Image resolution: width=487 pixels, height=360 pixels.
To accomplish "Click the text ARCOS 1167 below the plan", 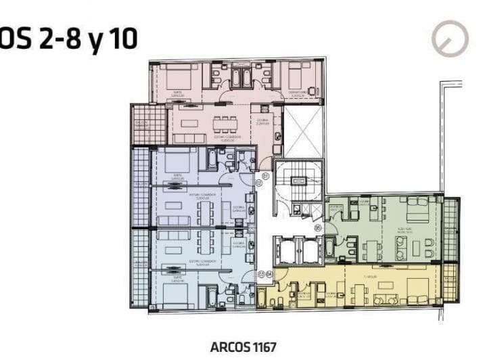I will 243,346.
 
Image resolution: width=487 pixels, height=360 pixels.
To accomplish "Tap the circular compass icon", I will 450,38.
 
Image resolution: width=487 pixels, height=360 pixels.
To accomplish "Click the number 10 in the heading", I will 122,39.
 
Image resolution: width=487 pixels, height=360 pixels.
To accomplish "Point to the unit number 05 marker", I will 318,228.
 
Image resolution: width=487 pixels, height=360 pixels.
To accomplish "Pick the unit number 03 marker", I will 261,274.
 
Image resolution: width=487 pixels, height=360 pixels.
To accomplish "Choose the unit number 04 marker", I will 269,274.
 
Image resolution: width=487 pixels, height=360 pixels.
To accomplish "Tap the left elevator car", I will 286,251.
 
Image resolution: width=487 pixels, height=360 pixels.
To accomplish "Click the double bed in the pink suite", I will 175,74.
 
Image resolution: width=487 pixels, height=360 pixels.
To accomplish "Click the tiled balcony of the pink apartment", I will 148,124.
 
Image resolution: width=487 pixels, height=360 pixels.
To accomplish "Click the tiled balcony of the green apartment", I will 451,230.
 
